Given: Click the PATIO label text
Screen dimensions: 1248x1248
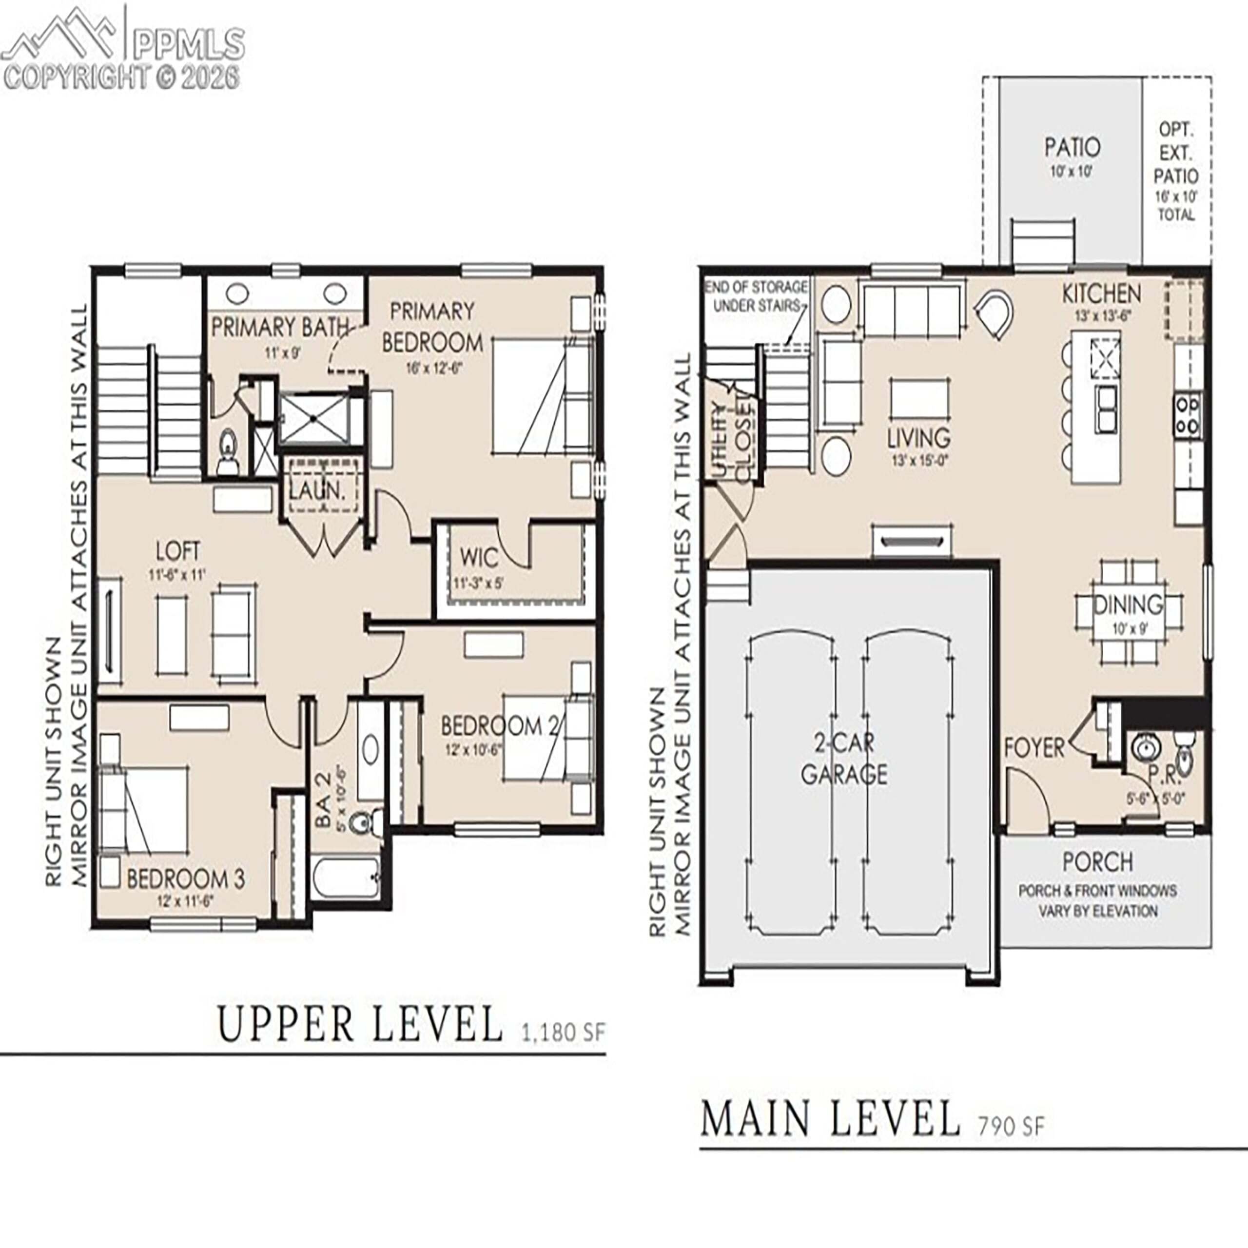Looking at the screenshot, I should [1072, 147].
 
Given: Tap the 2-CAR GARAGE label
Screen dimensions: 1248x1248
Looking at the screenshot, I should [844, 759].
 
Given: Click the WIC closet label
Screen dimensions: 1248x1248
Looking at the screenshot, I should [479, 557].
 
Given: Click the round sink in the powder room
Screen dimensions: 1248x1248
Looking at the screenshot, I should [1146, 749].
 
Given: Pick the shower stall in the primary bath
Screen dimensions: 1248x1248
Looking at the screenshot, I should [314, 419].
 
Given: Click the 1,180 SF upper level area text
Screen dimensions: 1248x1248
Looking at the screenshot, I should [563, 1032].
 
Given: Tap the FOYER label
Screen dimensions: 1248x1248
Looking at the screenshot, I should [1033, 748].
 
